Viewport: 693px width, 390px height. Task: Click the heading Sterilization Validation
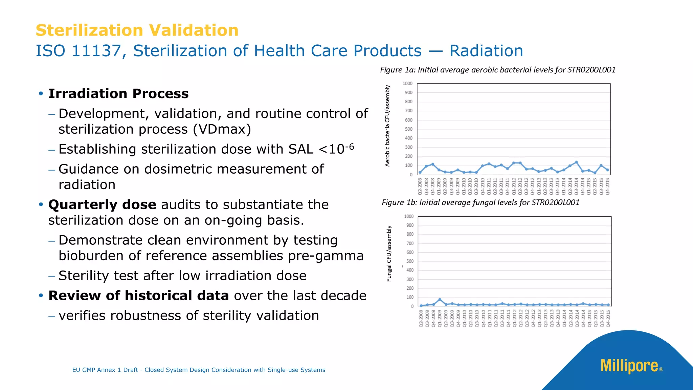tap(137, 30)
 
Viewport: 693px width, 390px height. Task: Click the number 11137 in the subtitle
tap(96, 51)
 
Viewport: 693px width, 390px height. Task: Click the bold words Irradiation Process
tap(118, 94)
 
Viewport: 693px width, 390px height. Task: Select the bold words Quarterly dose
tap(102, 205)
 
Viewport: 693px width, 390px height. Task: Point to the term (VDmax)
tap(222, 129)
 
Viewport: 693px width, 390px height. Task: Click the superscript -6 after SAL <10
tap(349, 147)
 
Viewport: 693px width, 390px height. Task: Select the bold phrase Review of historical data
tap(139, 296)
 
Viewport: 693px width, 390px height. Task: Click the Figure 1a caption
tap(497, 70)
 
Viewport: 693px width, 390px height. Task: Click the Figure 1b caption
tap(480, 202)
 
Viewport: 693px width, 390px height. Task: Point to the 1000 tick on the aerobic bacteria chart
tap(407, 84)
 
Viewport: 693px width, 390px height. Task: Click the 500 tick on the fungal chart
tap(410, 261)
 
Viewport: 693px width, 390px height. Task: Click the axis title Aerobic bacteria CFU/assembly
tap(388, 126)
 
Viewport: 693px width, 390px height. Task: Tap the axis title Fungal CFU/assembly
tap(389, 254)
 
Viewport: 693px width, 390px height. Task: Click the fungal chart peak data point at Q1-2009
tap(440, 300)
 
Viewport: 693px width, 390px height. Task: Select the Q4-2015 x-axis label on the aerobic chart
tap(607, 186)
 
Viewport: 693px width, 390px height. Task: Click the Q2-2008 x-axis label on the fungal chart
tap(421, 319)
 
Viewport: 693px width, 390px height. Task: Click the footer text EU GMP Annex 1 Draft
tap(105, 370)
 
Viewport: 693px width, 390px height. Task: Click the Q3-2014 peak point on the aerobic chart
tap(576, 162)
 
